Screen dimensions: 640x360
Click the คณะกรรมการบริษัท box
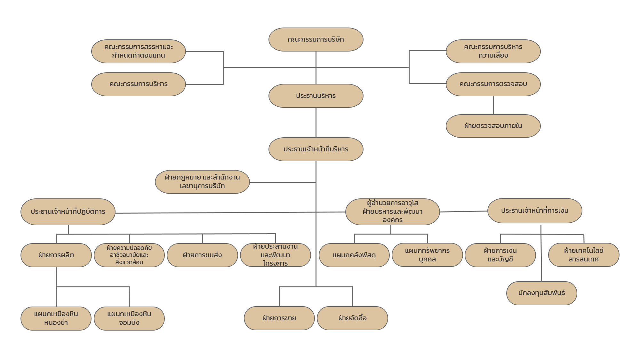[x=316, y=39]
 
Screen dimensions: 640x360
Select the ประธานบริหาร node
[x=316, y=96]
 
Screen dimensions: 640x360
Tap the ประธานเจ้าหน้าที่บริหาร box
[x=316, y=149]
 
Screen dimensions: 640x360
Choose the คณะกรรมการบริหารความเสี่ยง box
[x=493, y=51]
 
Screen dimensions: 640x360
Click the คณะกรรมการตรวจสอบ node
[x=493, y=84]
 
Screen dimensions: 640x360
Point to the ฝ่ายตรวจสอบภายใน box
[x=493, y=126]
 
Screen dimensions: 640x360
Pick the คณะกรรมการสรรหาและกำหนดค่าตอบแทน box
[x=139, y=51]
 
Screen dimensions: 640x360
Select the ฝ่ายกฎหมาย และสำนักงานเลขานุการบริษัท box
[x=202, y=182]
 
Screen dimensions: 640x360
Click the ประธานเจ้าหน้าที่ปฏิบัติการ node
[x=68, y=212]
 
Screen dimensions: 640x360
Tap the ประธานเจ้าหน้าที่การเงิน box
[x=535, y=211]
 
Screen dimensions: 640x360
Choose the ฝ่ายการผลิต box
[x=56, y=255]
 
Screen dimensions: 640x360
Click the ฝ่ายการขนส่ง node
[x=202, y=255]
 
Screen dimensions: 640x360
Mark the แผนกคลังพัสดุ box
[x=354, y=255]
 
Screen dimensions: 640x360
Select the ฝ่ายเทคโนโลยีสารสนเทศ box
[x=584, y=255]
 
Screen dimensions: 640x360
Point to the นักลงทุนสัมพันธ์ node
[x=541, y=293]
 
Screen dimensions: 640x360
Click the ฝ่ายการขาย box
[x=279, y=318]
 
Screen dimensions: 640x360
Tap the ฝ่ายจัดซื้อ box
[x=352, y=318]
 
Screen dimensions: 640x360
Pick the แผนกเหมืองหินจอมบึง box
[x=129, y=318]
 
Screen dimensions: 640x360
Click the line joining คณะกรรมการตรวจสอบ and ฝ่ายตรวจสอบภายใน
[x=493, y=105]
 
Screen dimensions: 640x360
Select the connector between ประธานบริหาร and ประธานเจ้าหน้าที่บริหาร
[x=316, y=123]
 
